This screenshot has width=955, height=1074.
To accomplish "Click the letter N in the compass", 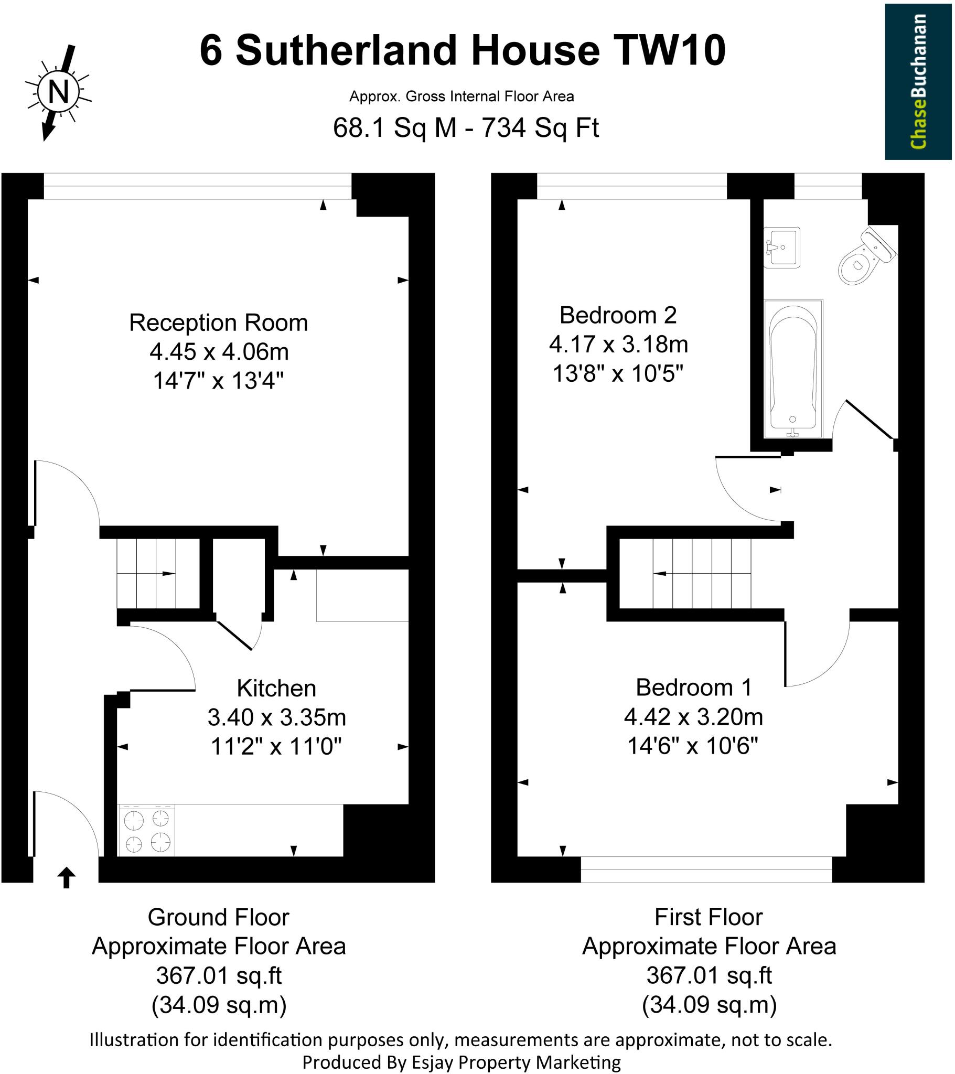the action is click(x=58, y=92).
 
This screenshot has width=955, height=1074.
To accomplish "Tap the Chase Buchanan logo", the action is click(x=918, y=81).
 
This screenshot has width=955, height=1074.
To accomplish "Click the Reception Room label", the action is click(x=219, y=323).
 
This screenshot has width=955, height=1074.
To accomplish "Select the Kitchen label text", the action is click(x=276, y=688).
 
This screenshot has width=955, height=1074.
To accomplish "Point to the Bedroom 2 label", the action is click(x=618, y=315).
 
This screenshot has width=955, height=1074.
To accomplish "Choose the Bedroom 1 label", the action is click(x=694, y=688).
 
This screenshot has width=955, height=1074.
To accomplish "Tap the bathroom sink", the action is click(x=781, y=248).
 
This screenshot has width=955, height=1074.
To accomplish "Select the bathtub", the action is click(x=793, y=368).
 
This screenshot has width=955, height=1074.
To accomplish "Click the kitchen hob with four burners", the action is click(x=147, y=831).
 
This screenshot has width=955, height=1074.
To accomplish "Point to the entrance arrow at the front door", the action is click(x=66, y=877).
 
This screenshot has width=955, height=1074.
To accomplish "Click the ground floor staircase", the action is click(x=158, y=574).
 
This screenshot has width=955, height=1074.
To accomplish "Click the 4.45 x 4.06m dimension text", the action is click(x=219, y=351).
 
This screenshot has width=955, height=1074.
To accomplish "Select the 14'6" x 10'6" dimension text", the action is click(x=693, y=746).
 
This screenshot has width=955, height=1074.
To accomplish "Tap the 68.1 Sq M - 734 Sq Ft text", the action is click(x=466, y=127).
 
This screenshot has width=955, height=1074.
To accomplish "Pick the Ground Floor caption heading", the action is click(x=219, y=917).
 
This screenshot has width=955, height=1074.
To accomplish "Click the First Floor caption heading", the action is click(x=709, y=917).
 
